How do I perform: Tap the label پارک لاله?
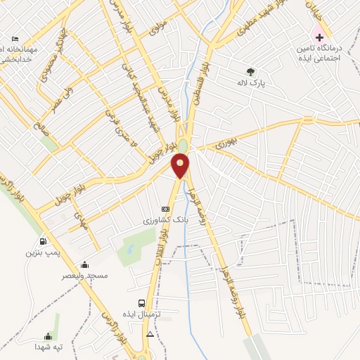click(x=250, y=82)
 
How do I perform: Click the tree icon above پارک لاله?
click(x=250, y=71)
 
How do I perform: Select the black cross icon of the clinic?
click(x=319, y=36)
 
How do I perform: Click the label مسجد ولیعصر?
click(x=85, y=276)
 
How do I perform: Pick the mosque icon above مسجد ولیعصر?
click(x=85, y=264)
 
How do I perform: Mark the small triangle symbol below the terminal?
click(x=150, y=335)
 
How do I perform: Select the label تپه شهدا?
click(x=49, y=347)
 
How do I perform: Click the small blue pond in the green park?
click(x=129, y=248)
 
